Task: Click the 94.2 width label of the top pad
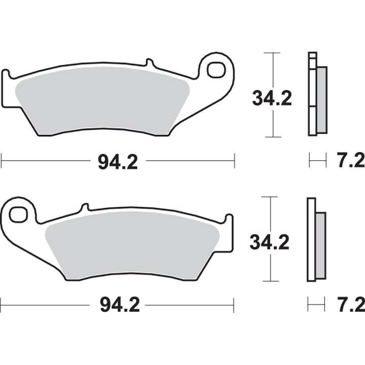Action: coord(117,162)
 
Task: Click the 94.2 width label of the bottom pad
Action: coord(117,305)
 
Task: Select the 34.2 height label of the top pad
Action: coord(272,97)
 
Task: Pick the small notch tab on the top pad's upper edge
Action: coord(149,63)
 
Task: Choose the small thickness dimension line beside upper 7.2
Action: coord(317,162)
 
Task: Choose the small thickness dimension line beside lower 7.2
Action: coord(316,305)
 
